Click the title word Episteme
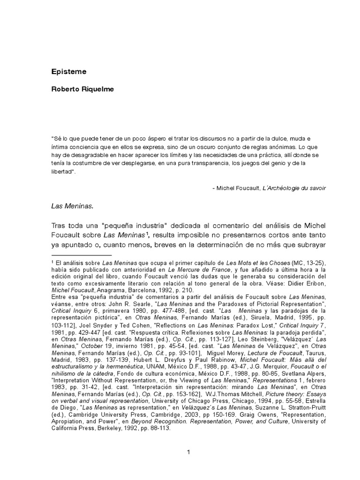[65, 72]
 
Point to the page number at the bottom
[187, 452]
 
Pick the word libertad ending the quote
[62, 172]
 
